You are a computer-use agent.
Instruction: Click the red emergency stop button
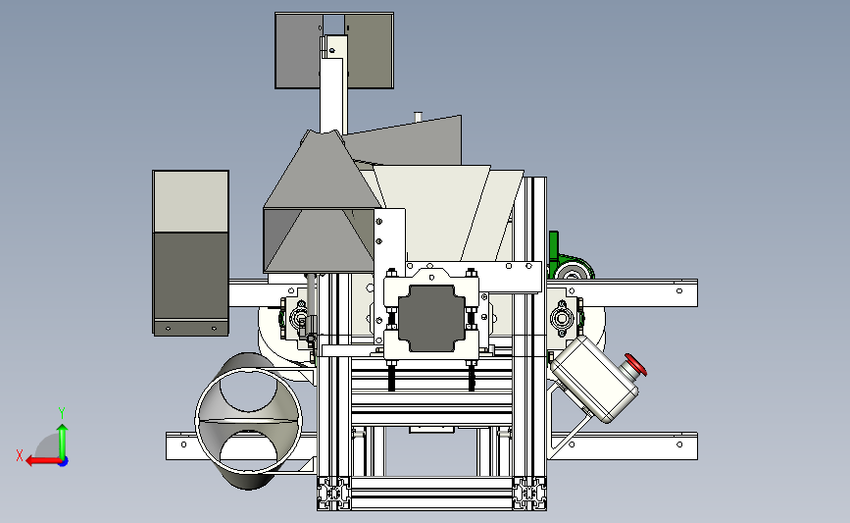pos(635,365)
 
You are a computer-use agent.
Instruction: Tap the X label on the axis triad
pos(20,455)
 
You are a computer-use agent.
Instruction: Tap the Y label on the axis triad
pos(62,413)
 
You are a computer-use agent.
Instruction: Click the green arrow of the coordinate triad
pos(63,442)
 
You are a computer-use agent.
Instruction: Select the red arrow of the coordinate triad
pos(43,461)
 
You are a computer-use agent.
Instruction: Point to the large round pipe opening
pos(249,421)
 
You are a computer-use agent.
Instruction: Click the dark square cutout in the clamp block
pos(431,319)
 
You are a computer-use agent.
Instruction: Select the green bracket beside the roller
pos(554,254)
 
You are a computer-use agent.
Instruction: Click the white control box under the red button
pos(593,379)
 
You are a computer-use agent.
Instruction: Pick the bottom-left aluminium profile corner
pos(334,494)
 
